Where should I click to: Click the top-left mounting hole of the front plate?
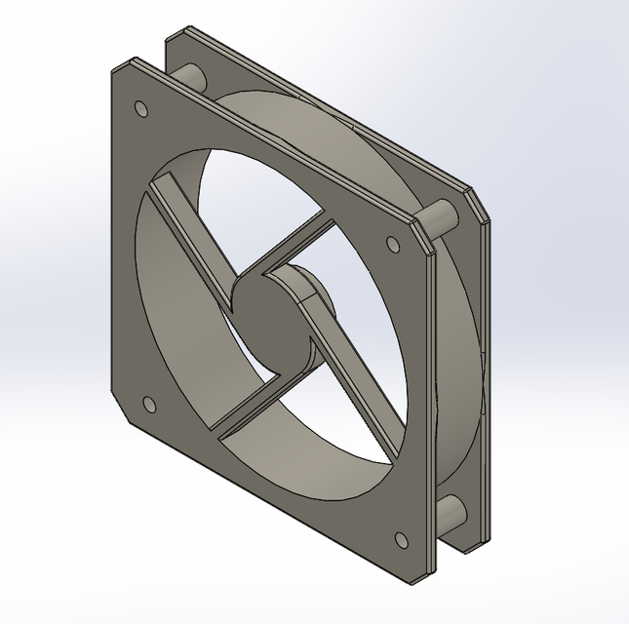[140, 107]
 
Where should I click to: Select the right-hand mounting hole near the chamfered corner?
[393, 244]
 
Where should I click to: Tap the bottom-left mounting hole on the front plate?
[149, 404]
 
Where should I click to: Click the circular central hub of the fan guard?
[272, 324]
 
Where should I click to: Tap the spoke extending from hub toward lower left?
[244, 410]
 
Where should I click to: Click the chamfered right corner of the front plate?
[420, 234]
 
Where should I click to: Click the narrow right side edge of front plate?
[427, 409]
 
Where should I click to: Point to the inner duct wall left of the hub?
[176, 322]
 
